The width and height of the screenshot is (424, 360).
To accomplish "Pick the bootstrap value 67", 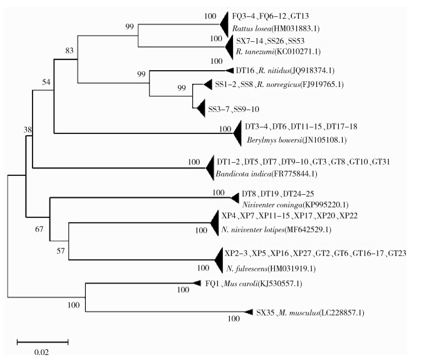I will [x=38, y=229].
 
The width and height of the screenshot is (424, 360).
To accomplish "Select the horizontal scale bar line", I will [x=42, y=342].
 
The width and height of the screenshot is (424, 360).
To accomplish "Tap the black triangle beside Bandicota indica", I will [x=210, y=167].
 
